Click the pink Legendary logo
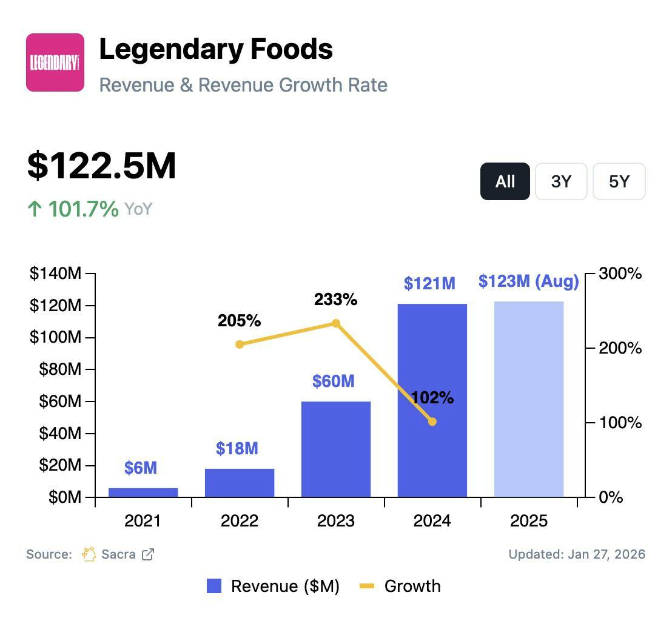(x=55, y=62)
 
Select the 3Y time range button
(x=561, y=181)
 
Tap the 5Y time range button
(x=619, y=181)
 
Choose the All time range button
(x=505, y=181)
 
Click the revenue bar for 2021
(x=143, y=492)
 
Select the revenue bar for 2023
(x=336, y=449)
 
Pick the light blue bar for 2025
(x=529, y=399)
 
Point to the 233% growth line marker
(x=336, y=323)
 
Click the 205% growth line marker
(x=240, y=345)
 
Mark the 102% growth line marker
(x=432, y=422)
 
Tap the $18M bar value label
(x=237, y=449)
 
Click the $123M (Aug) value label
(x=528, y=281)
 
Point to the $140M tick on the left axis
(x=55, y=274)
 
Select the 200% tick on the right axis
(x=620, y=348)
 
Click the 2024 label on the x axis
(x=432, y=521)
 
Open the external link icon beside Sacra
(x=148, y=554)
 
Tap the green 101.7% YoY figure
(x=83, y=209)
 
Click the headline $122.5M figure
(x=102, y=166)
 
